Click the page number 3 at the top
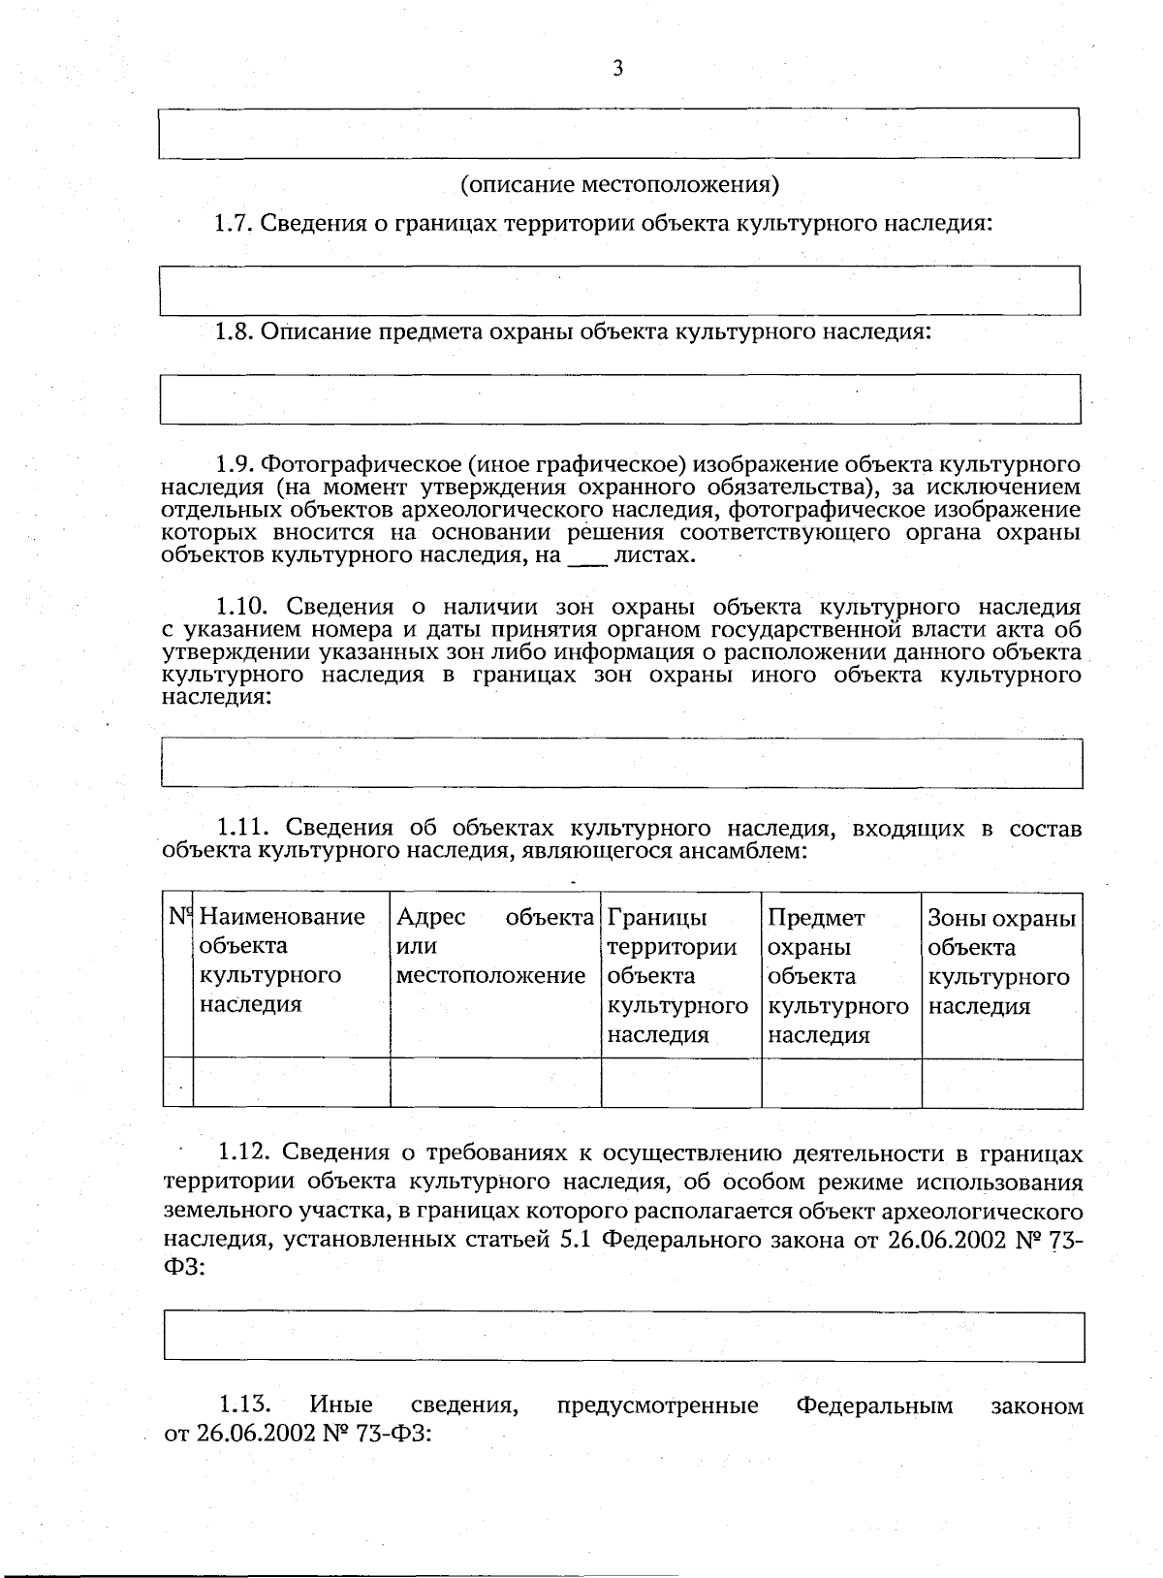tap(617, 68)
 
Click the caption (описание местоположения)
tap(619, 183)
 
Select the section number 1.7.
tap(234, 224)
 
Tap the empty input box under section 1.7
tap(619, 290)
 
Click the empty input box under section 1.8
tap(619, 398)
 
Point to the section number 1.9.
tap(234, 464)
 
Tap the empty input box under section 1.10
tap(621, 763)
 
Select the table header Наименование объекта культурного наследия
tap(282, 960)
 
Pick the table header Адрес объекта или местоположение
tap(494, 946)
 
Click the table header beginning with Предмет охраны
tap(837, 974)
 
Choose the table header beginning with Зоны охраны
tap(1001, 961)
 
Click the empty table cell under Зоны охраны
tap(1001, 1083)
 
